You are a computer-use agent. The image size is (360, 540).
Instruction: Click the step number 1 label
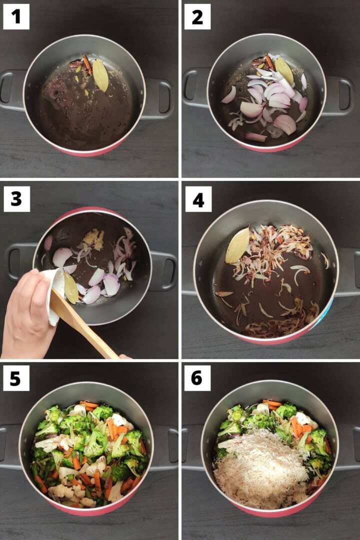(x=16, y=16)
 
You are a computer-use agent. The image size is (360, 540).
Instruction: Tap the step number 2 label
(x=197, y=16)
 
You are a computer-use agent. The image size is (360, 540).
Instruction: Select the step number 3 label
(x=16, y=199)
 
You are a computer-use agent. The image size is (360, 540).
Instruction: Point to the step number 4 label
(x=198, y=199)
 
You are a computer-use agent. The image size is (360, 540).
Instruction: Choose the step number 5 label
(x=16, y=378)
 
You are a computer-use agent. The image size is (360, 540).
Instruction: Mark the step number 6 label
(x=197, y=378)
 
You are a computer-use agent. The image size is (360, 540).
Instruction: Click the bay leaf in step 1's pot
(x=100, y=75)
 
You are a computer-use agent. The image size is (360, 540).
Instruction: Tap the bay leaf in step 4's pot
(x=237, y=245)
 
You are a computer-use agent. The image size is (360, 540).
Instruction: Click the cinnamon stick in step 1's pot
(x=87, y=65)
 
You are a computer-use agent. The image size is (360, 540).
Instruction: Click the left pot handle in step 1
(x=13, y=90)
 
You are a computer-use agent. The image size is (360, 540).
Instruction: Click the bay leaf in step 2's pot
(x=284, y=70)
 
